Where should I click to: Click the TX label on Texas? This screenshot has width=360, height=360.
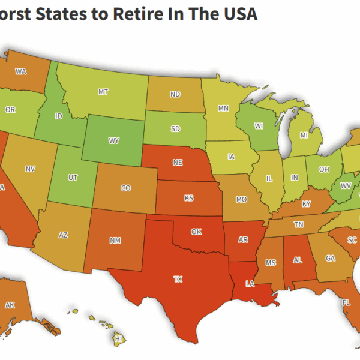178,279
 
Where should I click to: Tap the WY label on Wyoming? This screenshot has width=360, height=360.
113,141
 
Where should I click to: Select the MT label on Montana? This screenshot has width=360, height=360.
103,92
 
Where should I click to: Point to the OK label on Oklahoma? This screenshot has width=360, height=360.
196,231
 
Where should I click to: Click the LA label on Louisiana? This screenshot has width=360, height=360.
248,283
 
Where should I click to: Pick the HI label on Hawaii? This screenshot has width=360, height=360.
118,339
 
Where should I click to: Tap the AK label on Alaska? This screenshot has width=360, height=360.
10,305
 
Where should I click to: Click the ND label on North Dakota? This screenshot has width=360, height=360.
175,94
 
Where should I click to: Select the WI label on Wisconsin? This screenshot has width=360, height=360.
259,126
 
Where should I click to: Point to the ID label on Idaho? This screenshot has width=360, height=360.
59,116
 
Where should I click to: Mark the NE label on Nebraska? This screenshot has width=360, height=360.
178,163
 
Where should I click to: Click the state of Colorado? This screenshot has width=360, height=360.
125,187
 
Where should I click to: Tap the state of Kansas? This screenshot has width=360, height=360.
188,197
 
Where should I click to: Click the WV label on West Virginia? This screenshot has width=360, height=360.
346,186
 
